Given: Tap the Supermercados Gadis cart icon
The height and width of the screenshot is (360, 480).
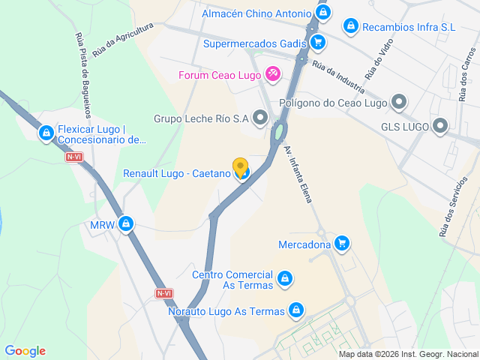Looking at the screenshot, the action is (x=318, y=42).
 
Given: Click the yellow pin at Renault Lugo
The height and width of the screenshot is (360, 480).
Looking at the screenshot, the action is (x=240, y=166).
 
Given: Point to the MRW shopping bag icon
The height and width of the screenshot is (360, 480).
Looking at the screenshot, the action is (x=127, y=223).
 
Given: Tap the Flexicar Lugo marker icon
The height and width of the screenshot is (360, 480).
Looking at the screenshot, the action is (x=46, y=133).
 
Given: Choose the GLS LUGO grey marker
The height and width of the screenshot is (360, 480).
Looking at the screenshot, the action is (x=440, y=126).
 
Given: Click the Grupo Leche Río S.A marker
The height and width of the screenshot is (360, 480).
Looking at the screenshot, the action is (x=260, y=118).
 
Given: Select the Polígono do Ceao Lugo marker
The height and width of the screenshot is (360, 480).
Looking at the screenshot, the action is (x=399, y=102).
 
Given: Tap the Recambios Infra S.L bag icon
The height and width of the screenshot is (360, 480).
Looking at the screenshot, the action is (x=350, y=27).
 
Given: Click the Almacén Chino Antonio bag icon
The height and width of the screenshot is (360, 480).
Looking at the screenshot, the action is (x=323, y=13).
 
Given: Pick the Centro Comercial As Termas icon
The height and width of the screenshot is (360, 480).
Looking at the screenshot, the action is (x=284, y=280).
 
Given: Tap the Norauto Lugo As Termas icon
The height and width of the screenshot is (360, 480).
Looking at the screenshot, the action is (x=296, y=310).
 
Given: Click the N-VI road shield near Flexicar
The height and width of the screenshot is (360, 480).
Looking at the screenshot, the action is (x=73, y=157).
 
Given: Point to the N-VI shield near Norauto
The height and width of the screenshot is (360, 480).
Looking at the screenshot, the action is (x=164, y=293).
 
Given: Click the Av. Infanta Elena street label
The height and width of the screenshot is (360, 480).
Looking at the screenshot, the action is (x=297, y=173).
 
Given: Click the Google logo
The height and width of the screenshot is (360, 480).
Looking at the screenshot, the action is (x=25, y=351).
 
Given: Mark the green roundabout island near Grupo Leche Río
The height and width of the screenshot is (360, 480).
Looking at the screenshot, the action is (x=279, y=132).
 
